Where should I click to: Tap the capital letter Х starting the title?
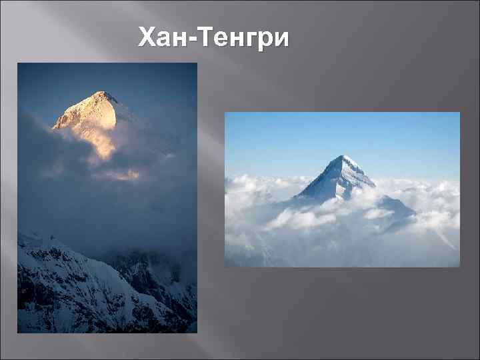click(x=147, y=38)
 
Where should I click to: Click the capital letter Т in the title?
click(x=203, y=38)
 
